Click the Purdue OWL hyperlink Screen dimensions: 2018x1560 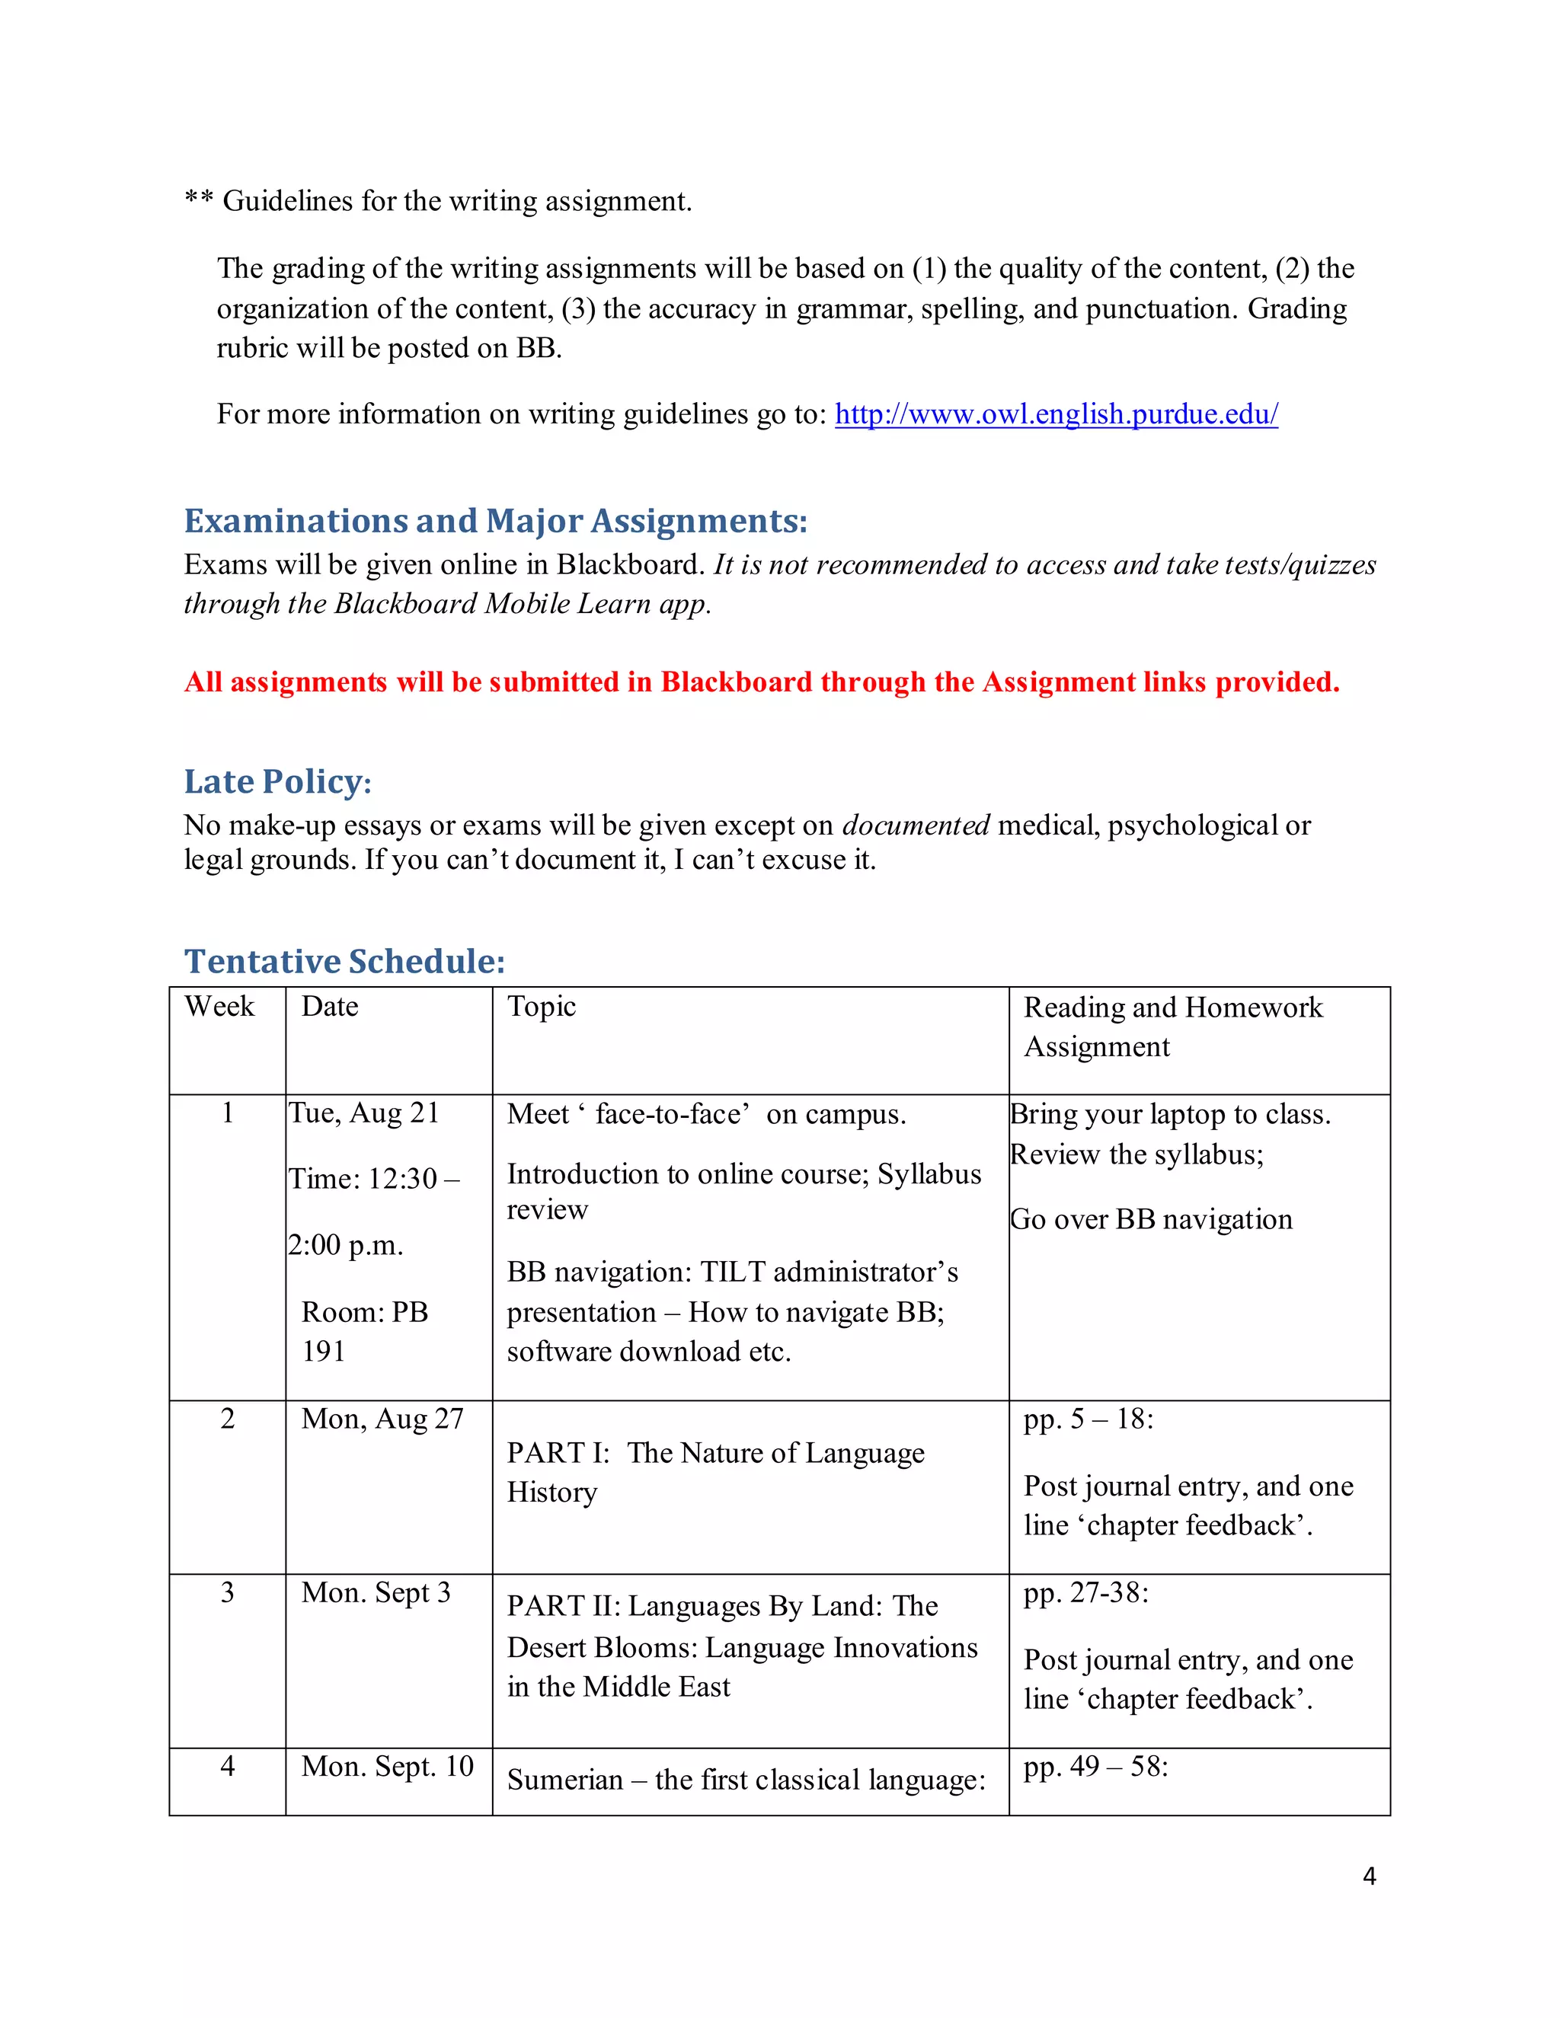pyautogui.click(x=1056, y=414)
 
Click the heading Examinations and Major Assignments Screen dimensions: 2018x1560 pyautogui.click(x=495, y=521)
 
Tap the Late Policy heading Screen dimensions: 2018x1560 pyautogui.click(x=277, y=782)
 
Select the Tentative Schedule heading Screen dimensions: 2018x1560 pyautogui.click(x=345, y=961)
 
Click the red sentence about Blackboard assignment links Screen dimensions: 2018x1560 pyautogui.click(x=762, y=682)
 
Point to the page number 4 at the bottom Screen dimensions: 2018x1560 pyautogui.click(x=1369, y=1876)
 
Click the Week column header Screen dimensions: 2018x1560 pyautogui.click(x=219, y=1006)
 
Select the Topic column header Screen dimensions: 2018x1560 pyautogui.click(x=542, y=1006)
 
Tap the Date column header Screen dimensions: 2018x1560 pyautogui.click(x=330, y=1006)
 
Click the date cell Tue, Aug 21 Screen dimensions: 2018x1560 pyautogui.click(x=364, y=1113)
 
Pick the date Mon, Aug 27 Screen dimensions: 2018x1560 pyautogui.click(x=382, y=1419)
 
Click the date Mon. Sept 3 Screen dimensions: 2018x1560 pyautogui.click(x=376, y=1592)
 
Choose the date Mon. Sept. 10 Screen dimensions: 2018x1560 pyautogui.click(x=387, y=1766)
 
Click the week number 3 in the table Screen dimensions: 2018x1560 pyautogui.click(x=227, y=1592)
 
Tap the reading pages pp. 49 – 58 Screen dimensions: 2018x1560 pyautogui.click(x=1096, y=1767)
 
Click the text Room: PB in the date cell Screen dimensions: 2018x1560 pyautogui.click(x=365, y=1312)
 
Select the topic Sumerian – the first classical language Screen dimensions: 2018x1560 pyautogui.click(x=746, y=1780)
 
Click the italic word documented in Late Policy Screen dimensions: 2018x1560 pyautogui.click(x=916, y=825)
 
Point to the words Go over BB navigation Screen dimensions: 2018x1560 pyautogui.click(x=1151, y=1220)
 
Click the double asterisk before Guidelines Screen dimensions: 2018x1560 pyautogui.click(x=199, y=200)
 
